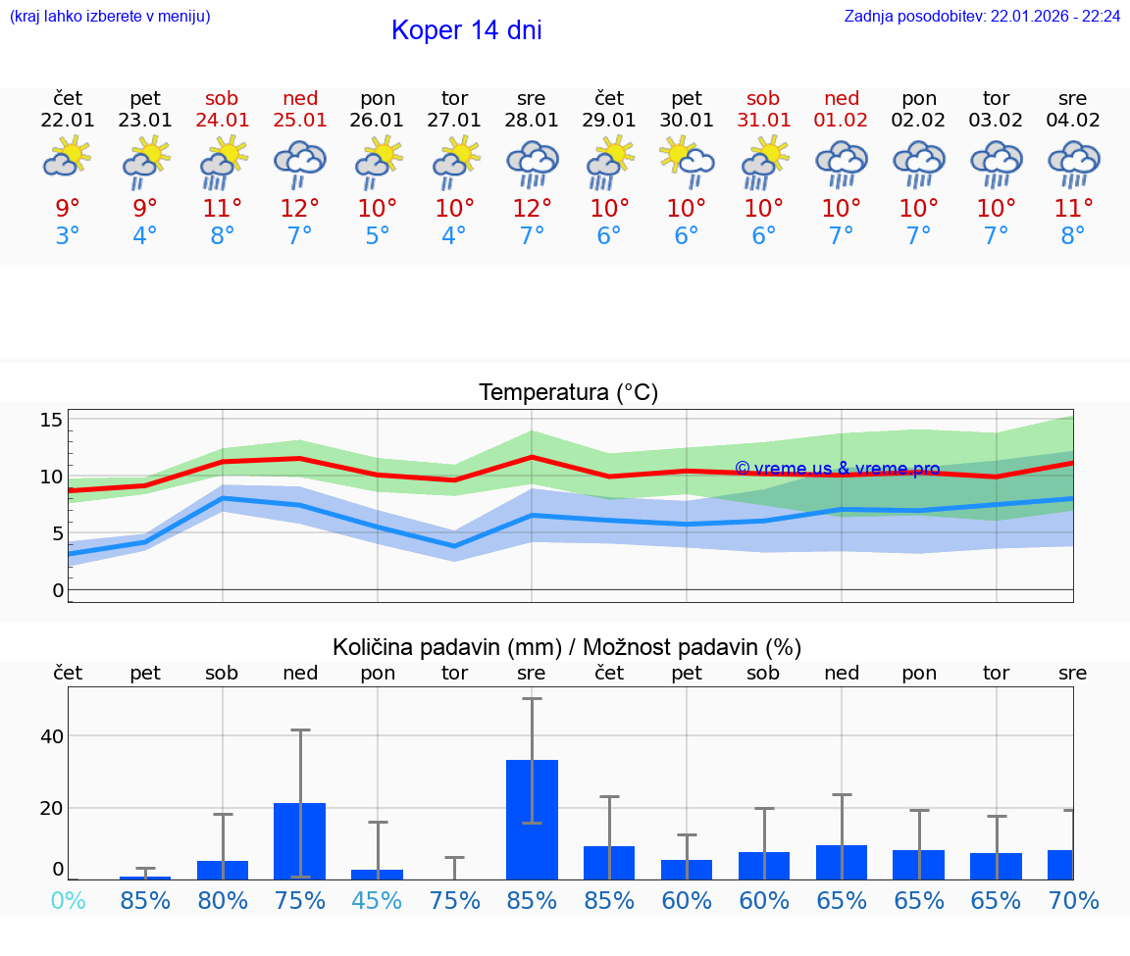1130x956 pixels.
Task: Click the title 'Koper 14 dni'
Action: (x=466, y=30)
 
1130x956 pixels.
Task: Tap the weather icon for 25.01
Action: (x=300, y=164)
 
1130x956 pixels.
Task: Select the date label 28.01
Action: (x=532, y=121)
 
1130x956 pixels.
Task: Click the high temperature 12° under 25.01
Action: (x=300, y=208)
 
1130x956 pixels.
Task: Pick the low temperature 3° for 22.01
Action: (x=68, y=236)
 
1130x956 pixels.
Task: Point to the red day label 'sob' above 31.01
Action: (x=763, y=98)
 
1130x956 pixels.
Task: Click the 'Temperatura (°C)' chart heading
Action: (x=568, y=393)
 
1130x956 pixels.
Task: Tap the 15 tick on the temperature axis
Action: (x=51, y=420)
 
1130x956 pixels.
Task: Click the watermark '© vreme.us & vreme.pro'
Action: (x=837, y=469)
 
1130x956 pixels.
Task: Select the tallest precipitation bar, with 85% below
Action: (x=532, y=819)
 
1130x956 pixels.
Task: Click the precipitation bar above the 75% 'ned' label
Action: (x=300, y=840)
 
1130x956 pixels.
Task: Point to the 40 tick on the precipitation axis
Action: (x=51, y=736)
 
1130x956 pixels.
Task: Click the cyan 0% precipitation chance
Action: (x=68, y=900)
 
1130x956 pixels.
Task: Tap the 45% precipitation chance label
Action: (x=378, y=900)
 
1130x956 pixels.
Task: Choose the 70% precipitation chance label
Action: (x=1073, y=900)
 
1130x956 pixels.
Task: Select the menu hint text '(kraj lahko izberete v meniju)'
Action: (x=110, y=17)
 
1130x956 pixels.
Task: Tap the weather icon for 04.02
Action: (x=1073, y=164)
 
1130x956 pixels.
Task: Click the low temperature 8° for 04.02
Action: (x=1073, y=236)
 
